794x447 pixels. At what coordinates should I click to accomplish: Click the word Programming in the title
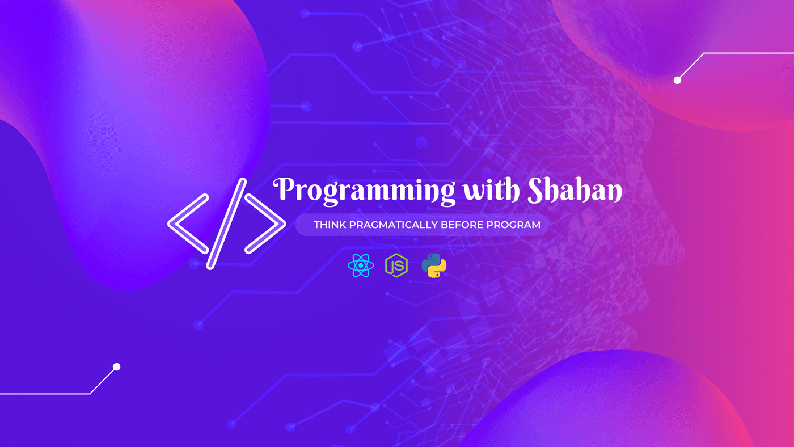(x=364, y=191)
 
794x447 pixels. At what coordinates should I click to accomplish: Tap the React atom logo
(x=361, y=265)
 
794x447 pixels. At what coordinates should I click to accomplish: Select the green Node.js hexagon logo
(x=396, y=265)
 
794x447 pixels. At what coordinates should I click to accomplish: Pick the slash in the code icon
(x=226, y=223)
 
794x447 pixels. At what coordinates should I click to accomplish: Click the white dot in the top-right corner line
(x=677, y=81)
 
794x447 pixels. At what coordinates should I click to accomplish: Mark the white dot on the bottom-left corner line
(x=117, y=367)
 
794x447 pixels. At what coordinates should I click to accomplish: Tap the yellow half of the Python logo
(x=438, y=270)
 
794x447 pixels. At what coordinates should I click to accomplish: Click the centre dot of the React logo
(x=361, y=265)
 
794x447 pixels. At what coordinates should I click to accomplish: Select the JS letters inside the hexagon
(x=397, y=266)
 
